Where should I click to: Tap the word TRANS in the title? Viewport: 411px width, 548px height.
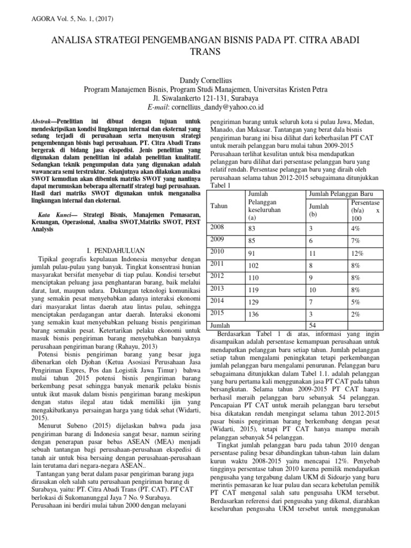205,51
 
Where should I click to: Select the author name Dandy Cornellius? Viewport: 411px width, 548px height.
205,80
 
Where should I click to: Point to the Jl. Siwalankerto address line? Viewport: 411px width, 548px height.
205,98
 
